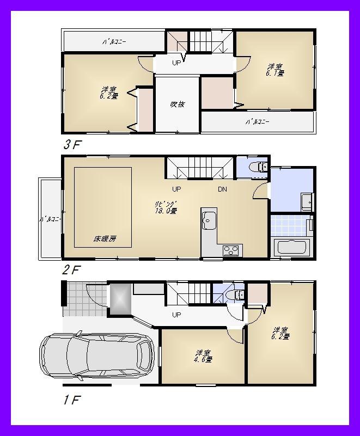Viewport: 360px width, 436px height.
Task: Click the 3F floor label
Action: (72, 145)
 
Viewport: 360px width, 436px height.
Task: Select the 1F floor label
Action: (71, 401)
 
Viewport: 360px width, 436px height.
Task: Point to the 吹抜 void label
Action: (177, 104)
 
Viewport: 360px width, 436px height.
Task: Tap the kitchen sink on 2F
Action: (209, 219)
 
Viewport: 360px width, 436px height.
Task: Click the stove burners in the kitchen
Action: (230, 250)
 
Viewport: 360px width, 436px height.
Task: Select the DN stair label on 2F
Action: (222, 189)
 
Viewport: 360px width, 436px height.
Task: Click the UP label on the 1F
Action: (176, 315)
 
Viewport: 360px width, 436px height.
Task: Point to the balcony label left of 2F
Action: (49, 219)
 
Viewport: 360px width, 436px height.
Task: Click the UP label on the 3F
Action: (176, 63)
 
